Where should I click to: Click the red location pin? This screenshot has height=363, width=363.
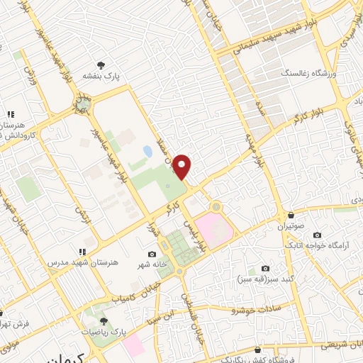click(x=183, y=166)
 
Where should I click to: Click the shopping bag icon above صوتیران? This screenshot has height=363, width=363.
click(x=291, y=215)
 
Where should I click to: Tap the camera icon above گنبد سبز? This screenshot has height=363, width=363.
click(x=265, y=268)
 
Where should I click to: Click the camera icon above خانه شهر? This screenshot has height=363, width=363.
click(x=151, y=254)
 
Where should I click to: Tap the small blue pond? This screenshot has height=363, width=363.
click(x=147, y=152)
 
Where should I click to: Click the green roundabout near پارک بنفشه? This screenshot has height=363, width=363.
click(x=84, y=106)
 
